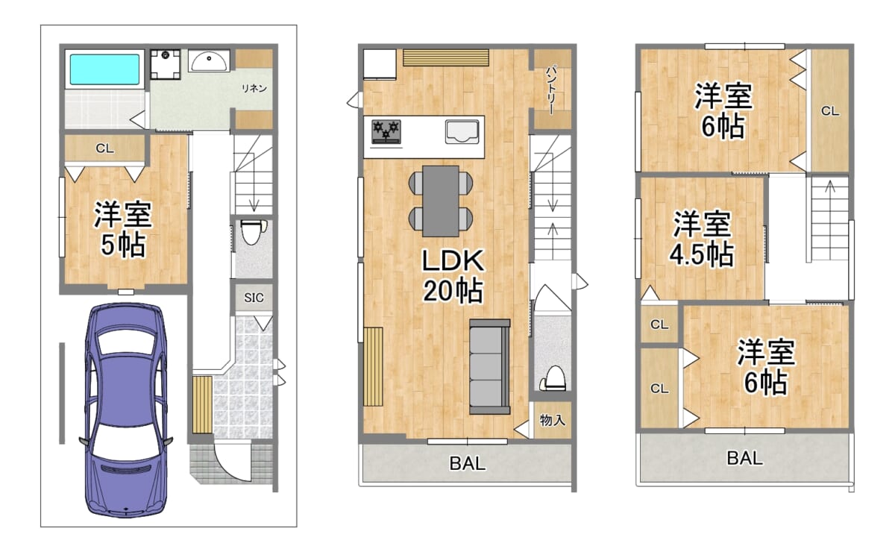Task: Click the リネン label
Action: tap(254, 88)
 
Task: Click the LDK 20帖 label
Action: tap(453, 275)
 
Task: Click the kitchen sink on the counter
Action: tap(462, 131)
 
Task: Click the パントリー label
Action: tap(551, 90)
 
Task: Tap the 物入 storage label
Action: tap(552, 421)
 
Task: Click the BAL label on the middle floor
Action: tap(468, 463)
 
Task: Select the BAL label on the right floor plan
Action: tap(744, 457)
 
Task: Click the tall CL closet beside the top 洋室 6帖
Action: tap(829, 111)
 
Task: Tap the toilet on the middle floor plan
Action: tap(553, 377)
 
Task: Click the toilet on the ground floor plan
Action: tap(251, 234)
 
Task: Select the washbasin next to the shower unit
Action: tap(209, 61)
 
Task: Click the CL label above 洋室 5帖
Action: tap(104, 148)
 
